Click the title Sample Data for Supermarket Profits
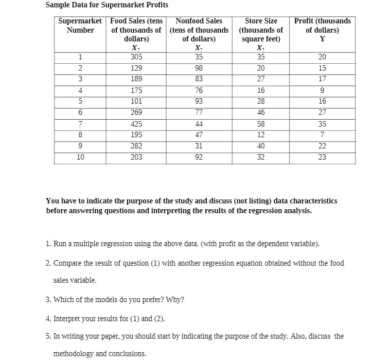(x=107, y=5)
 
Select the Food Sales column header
(x=136, y=30)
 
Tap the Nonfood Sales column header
(x=198, y=30)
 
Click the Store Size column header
(x=261, y=30)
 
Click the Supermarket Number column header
(x=80, y=25)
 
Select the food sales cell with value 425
(x=136, y=124)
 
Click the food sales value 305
(x=136, y=56)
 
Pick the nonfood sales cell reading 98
(x=198, y=68)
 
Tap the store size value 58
(x=261, y=124)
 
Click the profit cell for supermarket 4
(x=322, y=90)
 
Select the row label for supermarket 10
(x=80, y=157)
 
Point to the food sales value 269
(x=136, y=112)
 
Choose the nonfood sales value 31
(x=198, y=146)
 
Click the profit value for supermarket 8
(x=322, y=135)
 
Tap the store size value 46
(x=261, y=112)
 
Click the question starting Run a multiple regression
(x=183, y=243)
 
